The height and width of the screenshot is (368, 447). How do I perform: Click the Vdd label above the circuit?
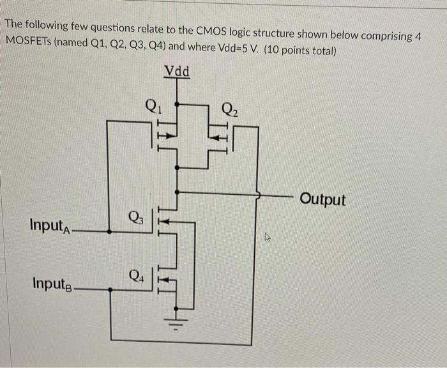[177, 71]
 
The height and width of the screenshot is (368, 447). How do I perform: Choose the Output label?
[322, 199]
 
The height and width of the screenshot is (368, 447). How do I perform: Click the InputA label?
[52, 226]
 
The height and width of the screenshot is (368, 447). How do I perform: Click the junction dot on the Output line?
[177, 190]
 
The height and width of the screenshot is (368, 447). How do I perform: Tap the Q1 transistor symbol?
[165, 135]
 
